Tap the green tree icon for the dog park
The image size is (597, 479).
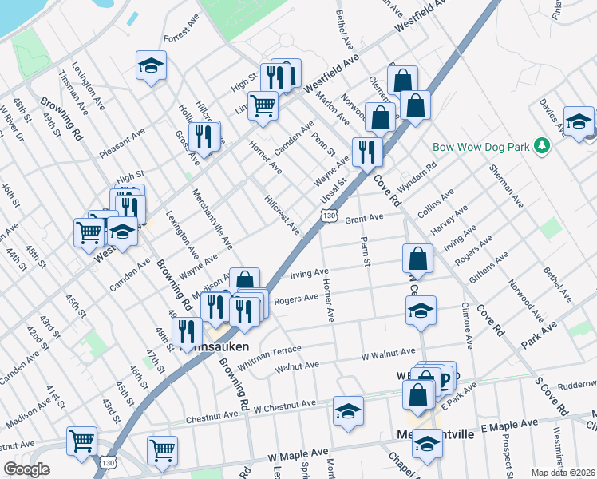(x=543, y=146)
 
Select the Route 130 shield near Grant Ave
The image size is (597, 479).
(x=329, y=216)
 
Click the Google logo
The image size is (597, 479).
(x=27, y=469)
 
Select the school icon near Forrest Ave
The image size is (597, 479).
(x=150, y=67)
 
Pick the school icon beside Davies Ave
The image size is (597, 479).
(x=579, y=121)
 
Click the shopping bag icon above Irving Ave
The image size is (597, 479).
(x=418, y=259)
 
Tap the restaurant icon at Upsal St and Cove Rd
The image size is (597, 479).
(x=367, y=150)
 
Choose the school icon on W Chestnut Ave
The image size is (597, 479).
(x=348, y=411)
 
